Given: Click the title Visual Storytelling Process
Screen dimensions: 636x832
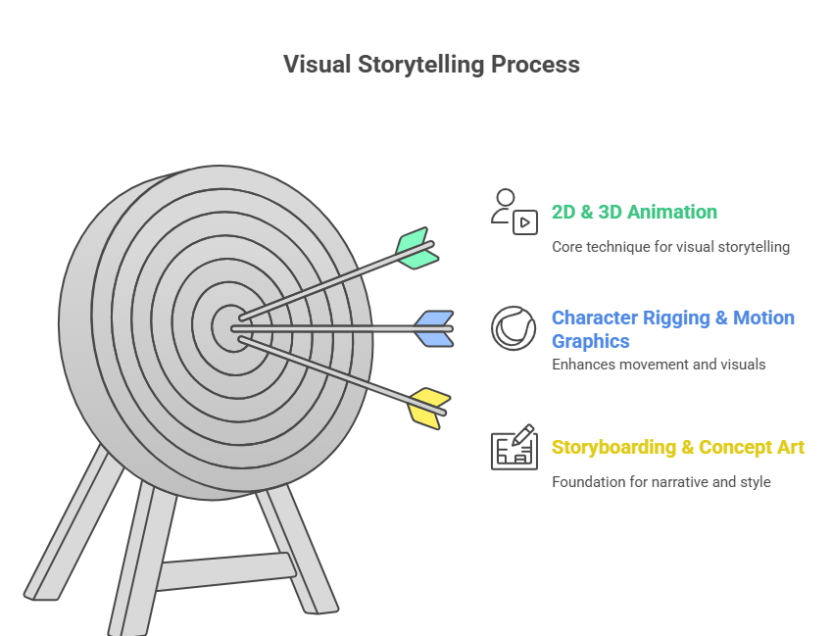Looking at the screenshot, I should [431, 65].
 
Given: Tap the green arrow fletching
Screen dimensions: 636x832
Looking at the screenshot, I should [416, 249].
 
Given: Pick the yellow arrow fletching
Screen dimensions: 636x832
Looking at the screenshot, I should [429, 407].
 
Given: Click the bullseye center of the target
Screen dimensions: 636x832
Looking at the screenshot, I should [231, 326].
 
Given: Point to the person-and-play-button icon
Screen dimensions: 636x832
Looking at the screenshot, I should [514, 211].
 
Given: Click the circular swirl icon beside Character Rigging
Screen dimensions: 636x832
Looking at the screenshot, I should [514, 328].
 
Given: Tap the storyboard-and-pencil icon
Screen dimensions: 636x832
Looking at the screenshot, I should [514, 448].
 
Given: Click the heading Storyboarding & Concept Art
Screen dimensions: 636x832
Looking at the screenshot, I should [677, 448].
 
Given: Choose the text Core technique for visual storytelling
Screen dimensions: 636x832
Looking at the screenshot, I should [670, 247].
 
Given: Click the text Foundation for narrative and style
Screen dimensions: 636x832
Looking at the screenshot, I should [661, 482].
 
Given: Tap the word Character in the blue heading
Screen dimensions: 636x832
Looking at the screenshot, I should [595, 318].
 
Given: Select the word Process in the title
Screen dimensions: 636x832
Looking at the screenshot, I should [536, 65].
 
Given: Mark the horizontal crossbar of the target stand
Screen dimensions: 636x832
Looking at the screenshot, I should [225, 571].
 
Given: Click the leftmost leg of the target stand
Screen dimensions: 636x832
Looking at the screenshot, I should [69, 529].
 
